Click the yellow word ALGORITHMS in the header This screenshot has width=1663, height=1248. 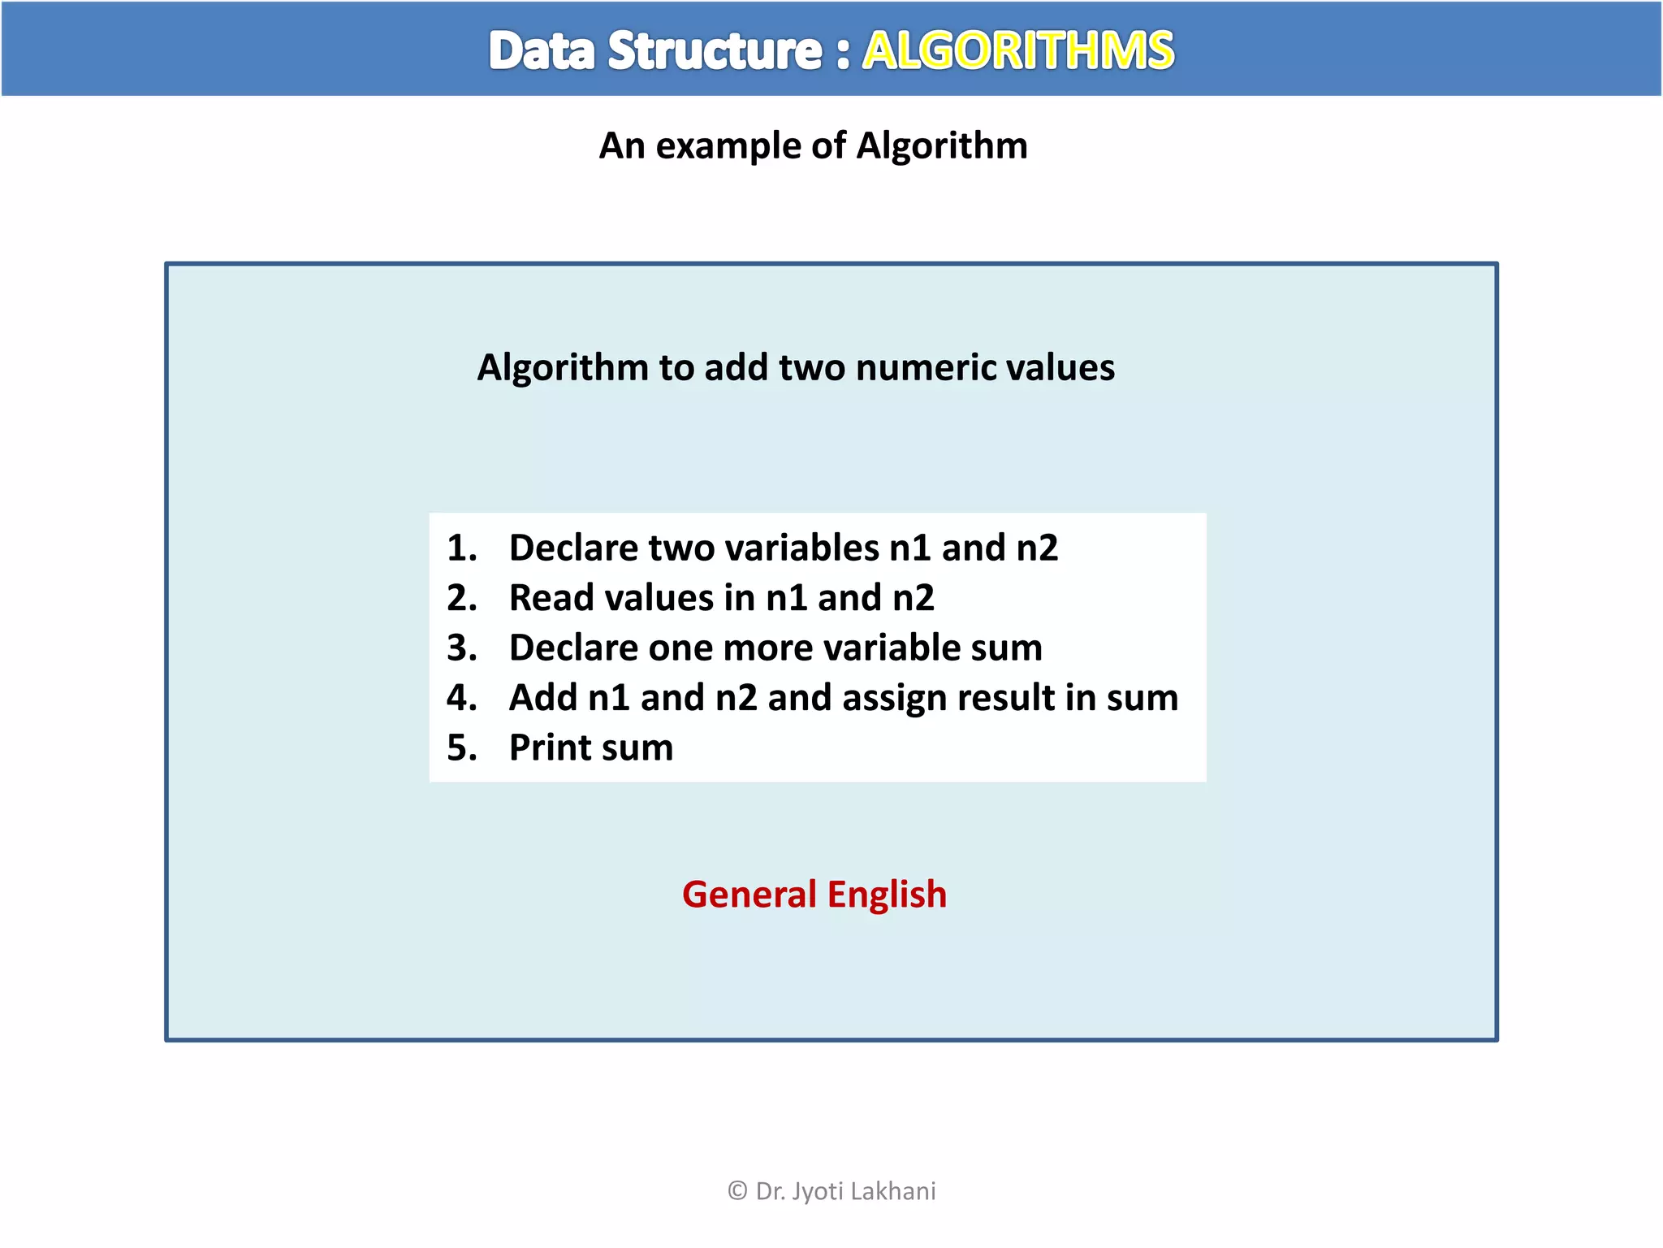(x=1017, y=50)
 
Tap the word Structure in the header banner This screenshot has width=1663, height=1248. (x=715, y=50)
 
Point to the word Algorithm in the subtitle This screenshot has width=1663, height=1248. (x=942, y=146)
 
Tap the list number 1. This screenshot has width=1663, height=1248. (x=460, y=548)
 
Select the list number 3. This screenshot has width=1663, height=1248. (x=460, y=648)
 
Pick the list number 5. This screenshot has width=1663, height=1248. (x=460, y=747)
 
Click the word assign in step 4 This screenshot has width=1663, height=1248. (x=879, y=698)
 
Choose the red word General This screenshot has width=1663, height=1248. (x=749, y=895)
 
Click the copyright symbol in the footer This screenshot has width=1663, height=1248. (x=737, y=1191)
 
